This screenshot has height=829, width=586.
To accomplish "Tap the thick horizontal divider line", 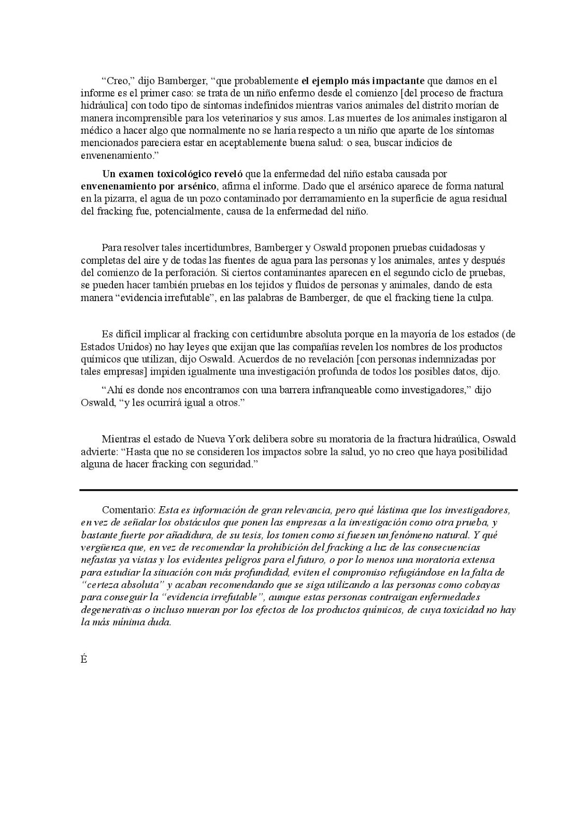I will coord(298,490).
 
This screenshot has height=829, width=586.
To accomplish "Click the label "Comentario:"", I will coord(129,510).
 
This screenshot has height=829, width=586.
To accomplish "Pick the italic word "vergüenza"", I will coord(102,548).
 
